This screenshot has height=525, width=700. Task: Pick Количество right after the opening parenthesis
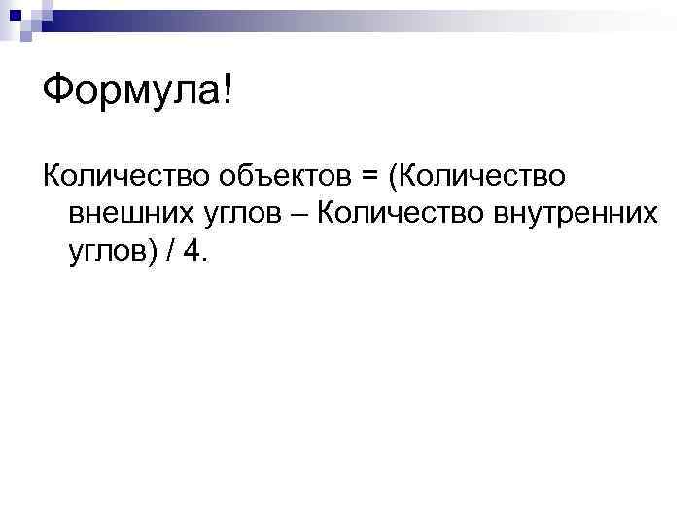pyautogui.click(x=482, y=177)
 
